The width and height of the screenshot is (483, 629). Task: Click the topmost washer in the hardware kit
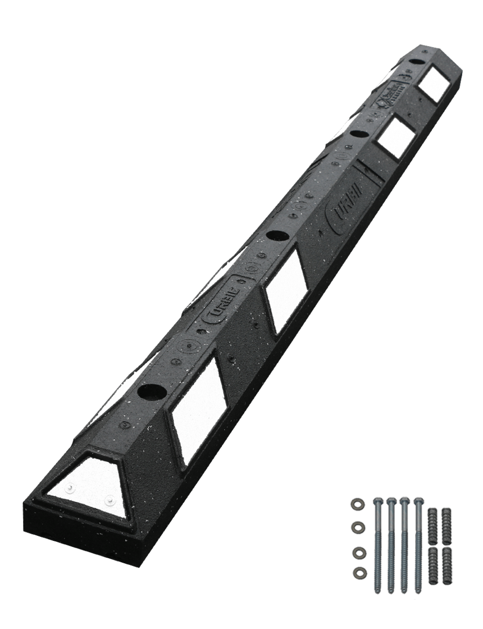point(356,504)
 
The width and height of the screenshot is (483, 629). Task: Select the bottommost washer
point(356,573)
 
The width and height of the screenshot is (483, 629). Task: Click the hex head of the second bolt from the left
point(391,500)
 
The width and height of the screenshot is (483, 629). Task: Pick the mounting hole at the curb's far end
point(416,61)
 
